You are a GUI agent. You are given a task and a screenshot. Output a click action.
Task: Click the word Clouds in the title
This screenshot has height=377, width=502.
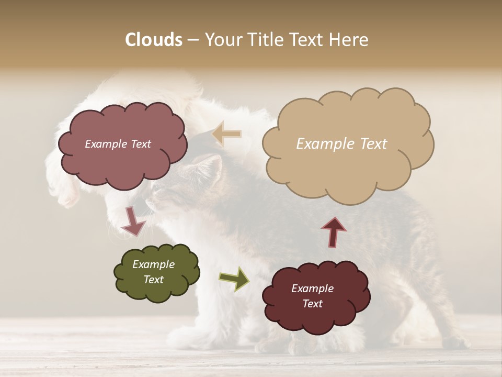tap(154, 40)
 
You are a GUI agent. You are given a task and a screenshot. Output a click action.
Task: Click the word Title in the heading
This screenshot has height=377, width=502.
tap(266, 40)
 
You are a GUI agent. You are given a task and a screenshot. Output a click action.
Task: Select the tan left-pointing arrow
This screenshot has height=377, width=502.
tap(226, 135)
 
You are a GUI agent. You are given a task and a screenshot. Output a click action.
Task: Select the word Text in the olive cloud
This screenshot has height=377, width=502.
tap(154, 280)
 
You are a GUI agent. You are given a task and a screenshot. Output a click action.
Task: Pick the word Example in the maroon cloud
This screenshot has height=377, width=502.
tap(312, 289)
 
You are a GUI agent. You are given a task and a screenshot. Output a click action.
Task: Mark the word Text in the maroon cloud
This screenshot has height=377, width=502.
tap(312, 304)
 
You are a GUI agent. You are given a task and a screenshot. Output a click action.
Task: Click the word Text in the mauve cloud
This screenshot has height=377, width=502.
tap(140, 144)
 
